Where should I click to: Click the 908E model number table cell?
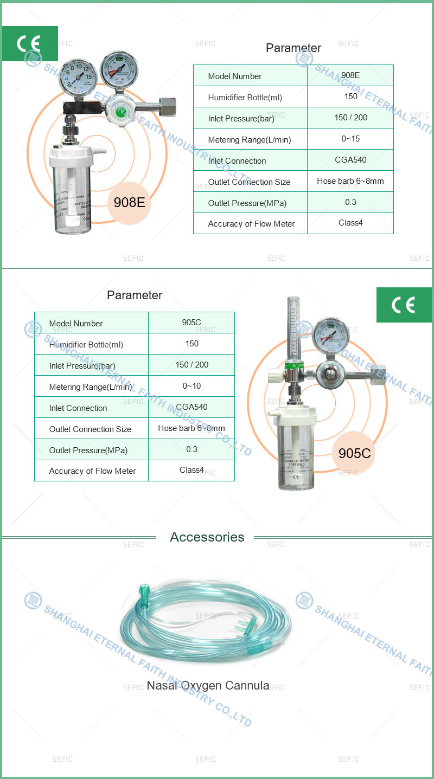[350, 75]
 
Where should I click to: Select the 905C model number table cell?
[192, 323]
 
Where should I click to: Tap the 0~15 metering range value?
[350, 139]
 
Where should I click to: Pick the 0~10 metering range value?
[192, 386]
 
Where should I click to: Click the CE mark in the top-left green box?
[29, 44]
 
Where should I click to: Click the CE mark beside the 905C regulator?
[403, 305]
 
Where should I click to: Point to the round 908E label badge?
[129, 203]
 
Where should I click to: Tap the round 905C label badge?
[354, 453]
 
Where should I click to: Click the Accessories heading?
[207, 537]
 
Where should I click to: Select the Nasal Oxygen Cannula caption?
[208, 686]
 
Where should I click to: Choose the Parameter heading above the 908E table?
[293, 48]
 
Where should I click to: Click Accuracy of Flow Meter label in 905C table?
[92, 471]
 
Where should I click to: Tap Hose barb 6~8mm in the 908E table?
[350, 181]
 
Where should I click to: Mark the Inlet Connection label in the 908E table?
[237, 161]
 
